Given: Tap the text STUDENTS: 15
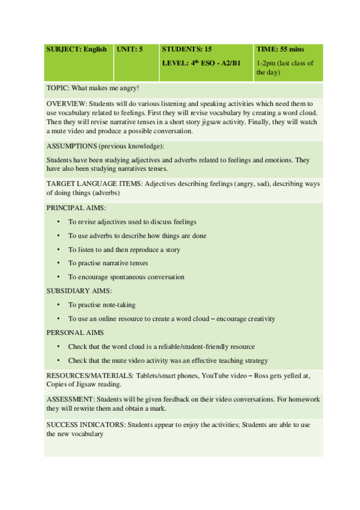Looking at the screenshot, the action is coord(187,49).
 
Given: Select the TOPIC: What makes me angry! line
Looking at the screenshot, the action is coord(93,88).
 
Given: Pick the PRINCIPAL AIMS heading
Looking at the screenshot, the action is coord(76,207).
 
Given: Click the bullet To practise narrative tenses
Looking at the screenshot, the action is coord(108,263).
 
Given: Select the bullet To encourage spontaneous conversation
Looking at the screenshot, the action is coord(126,277).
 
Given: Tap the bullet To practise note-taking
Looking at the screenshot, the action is coord(102,305).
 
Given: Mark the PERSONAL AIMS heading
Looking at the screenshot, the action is coord(75,332).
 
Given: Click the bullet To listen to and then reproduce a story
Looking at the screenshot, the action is coord(124,250).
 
